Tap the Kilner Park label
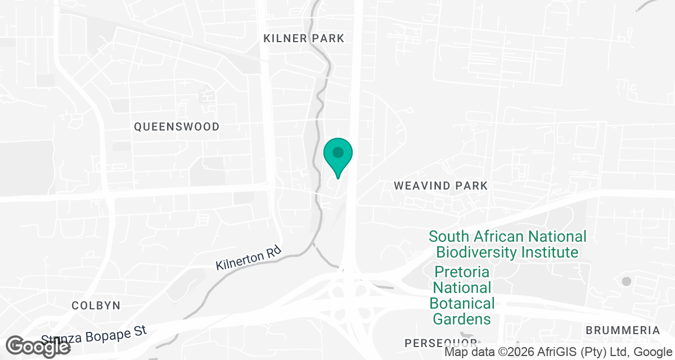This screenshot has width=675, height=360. pos(304,38)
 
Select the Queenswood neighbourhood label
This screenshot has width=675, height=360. pos(177,127)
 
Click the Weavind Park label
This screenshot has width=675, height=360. pos(440,185)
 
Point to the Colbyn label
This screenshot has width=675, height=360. pos(96,305)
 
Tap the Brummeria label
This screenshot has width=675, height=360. pos(623,330)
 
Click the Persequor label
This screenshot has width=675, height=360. pos(441,343)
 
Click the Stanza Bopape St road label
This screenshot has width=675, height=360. pos(94,336)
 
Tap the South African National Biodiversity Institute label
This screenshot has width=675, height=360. pos(507,244)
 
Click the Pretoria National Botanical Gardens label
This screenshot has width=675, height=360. pos(462,295)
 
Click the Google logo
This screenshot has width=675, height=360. pos(38,345)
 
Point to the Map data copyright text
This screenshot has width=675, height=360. pos(559,353)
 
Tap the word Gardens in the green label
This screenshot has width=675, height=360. pos(462,319)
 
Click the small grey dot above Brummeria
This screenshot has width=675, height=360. pos(626,281)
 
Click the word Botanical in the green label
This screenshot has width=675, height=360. pos(462,303)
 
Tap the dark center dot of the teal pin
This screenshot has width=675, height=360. pos(338,152)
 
